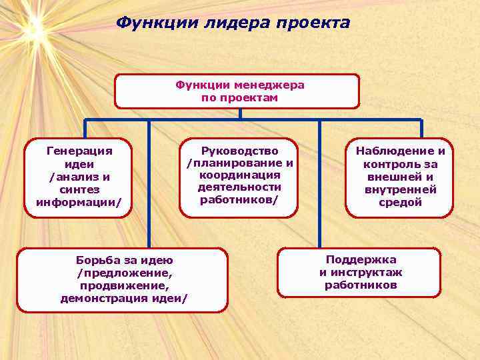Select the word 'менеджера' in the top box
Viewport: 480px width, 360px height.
(269, 85)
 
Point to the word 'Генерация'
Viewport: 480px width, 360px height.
(79, 151)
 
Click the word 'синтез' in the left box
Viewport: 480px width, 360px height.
(79, 190)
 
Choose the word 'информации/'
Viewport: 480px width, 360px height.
(79, 203)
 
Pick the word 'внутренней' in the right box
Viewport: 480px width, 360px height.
(400, 190)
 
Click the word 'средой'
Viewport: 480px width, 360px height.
(400, 203)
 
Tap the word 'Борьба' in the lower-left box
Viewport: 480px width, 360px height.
(99, 260)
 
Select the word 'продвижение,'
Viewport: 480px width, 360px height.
(124, 285)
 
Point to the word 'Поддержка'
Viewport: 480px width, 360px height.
(361, 260)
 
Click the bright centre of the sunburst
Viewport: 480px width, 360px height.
(33, 28)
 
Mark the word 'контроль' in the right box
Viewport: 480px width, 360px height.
(391, 164)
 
